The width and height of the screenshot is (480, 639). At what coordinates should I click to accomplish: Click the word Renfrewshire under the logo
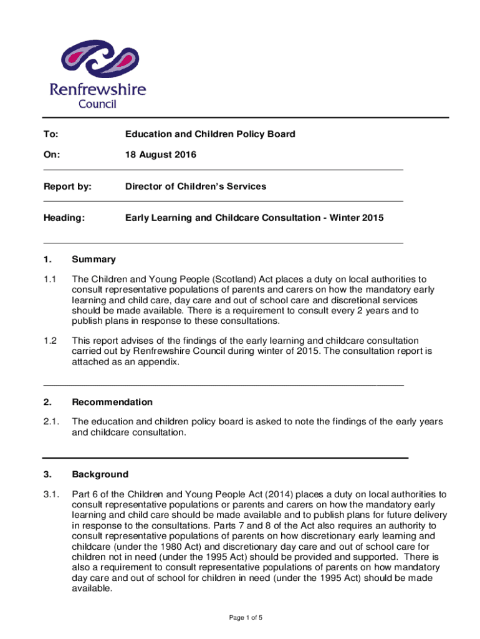click(97, 89)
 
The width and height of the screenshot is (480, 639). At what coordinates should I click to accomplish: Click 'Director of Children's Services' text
click(196, 186)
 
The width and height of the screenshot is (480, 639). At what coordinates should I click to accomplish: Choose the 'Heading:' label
click(64, 218)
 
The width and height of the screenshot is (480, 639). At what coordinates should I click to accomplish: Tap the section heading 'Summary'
click(94, 259)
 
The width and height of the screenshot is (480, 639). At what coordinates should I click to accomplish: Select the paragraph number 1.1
click(50, 280)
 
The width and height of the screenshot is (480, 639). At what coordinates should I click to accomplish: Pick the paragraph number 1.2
click(50, 340)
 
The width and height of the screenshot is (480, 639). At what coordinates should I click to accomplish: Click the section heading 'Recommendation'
click(112, 402)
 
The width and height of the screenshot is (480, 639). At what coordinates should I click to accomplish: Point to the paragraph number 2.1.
click(51, 422)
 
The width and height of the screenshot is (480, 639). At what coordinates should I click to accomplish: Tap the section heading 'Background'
click(100, 474)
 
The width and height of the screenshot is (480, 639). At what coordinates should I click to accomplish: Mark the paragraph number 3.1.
click(51, 495)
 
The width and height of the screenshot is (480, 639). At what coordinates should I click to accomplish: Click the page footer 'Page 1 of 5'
click(246, 618)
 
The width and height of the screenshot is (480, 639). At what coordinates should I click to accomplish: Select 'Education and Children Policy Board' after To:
click(210, 134)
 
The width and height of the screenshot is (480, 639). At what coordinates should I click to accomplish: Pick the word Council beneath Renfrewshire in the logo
click(97, 104)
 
